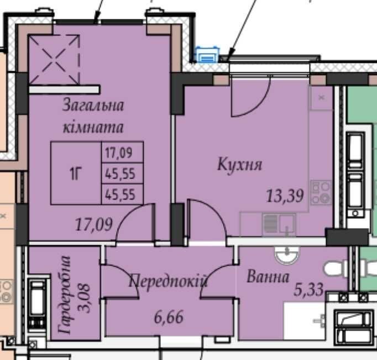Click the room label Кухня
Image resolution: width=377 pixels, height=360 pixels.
tap(239, 165)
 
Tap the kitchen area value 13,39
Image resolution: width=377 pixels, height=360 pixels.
tap(285, 195)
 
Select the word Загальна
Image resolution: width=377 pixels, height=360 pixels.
tap(93, 105)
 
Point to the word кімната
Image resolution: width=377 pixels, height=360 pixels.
tap(93, 127)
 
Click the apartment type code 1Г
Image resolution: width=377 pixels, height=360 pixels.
tap(76, 173)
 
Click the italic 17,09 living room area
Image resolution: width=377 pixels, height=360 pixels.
tap(94, 224)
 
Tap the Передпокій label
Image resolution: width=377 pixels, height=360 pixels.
tap(168, 281)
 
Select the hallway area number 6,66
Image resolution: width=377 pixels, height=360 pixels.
tap(169, 317)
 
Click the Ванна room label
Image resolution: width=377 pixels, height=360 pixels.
tap(268, 277)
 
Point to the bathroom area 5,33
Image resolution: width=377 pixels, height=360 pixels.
tap(308, 290)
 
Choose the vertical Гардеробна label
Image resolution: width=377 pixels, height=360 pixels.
tap(65, 295)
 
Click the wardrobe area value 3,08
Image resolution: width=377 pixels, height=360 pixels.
tap(85, 299)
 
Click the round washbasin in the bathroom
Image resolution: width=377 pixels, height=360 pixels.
tap(287, 255)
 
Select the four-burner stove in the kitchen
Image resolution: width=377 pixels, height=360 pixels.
tap(321, 193)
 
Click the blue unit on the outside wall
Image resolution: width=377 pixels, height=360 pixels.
tap(207, 55)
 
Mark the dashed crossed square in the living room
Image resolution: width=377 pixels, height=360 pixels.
tap(54, 60)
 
